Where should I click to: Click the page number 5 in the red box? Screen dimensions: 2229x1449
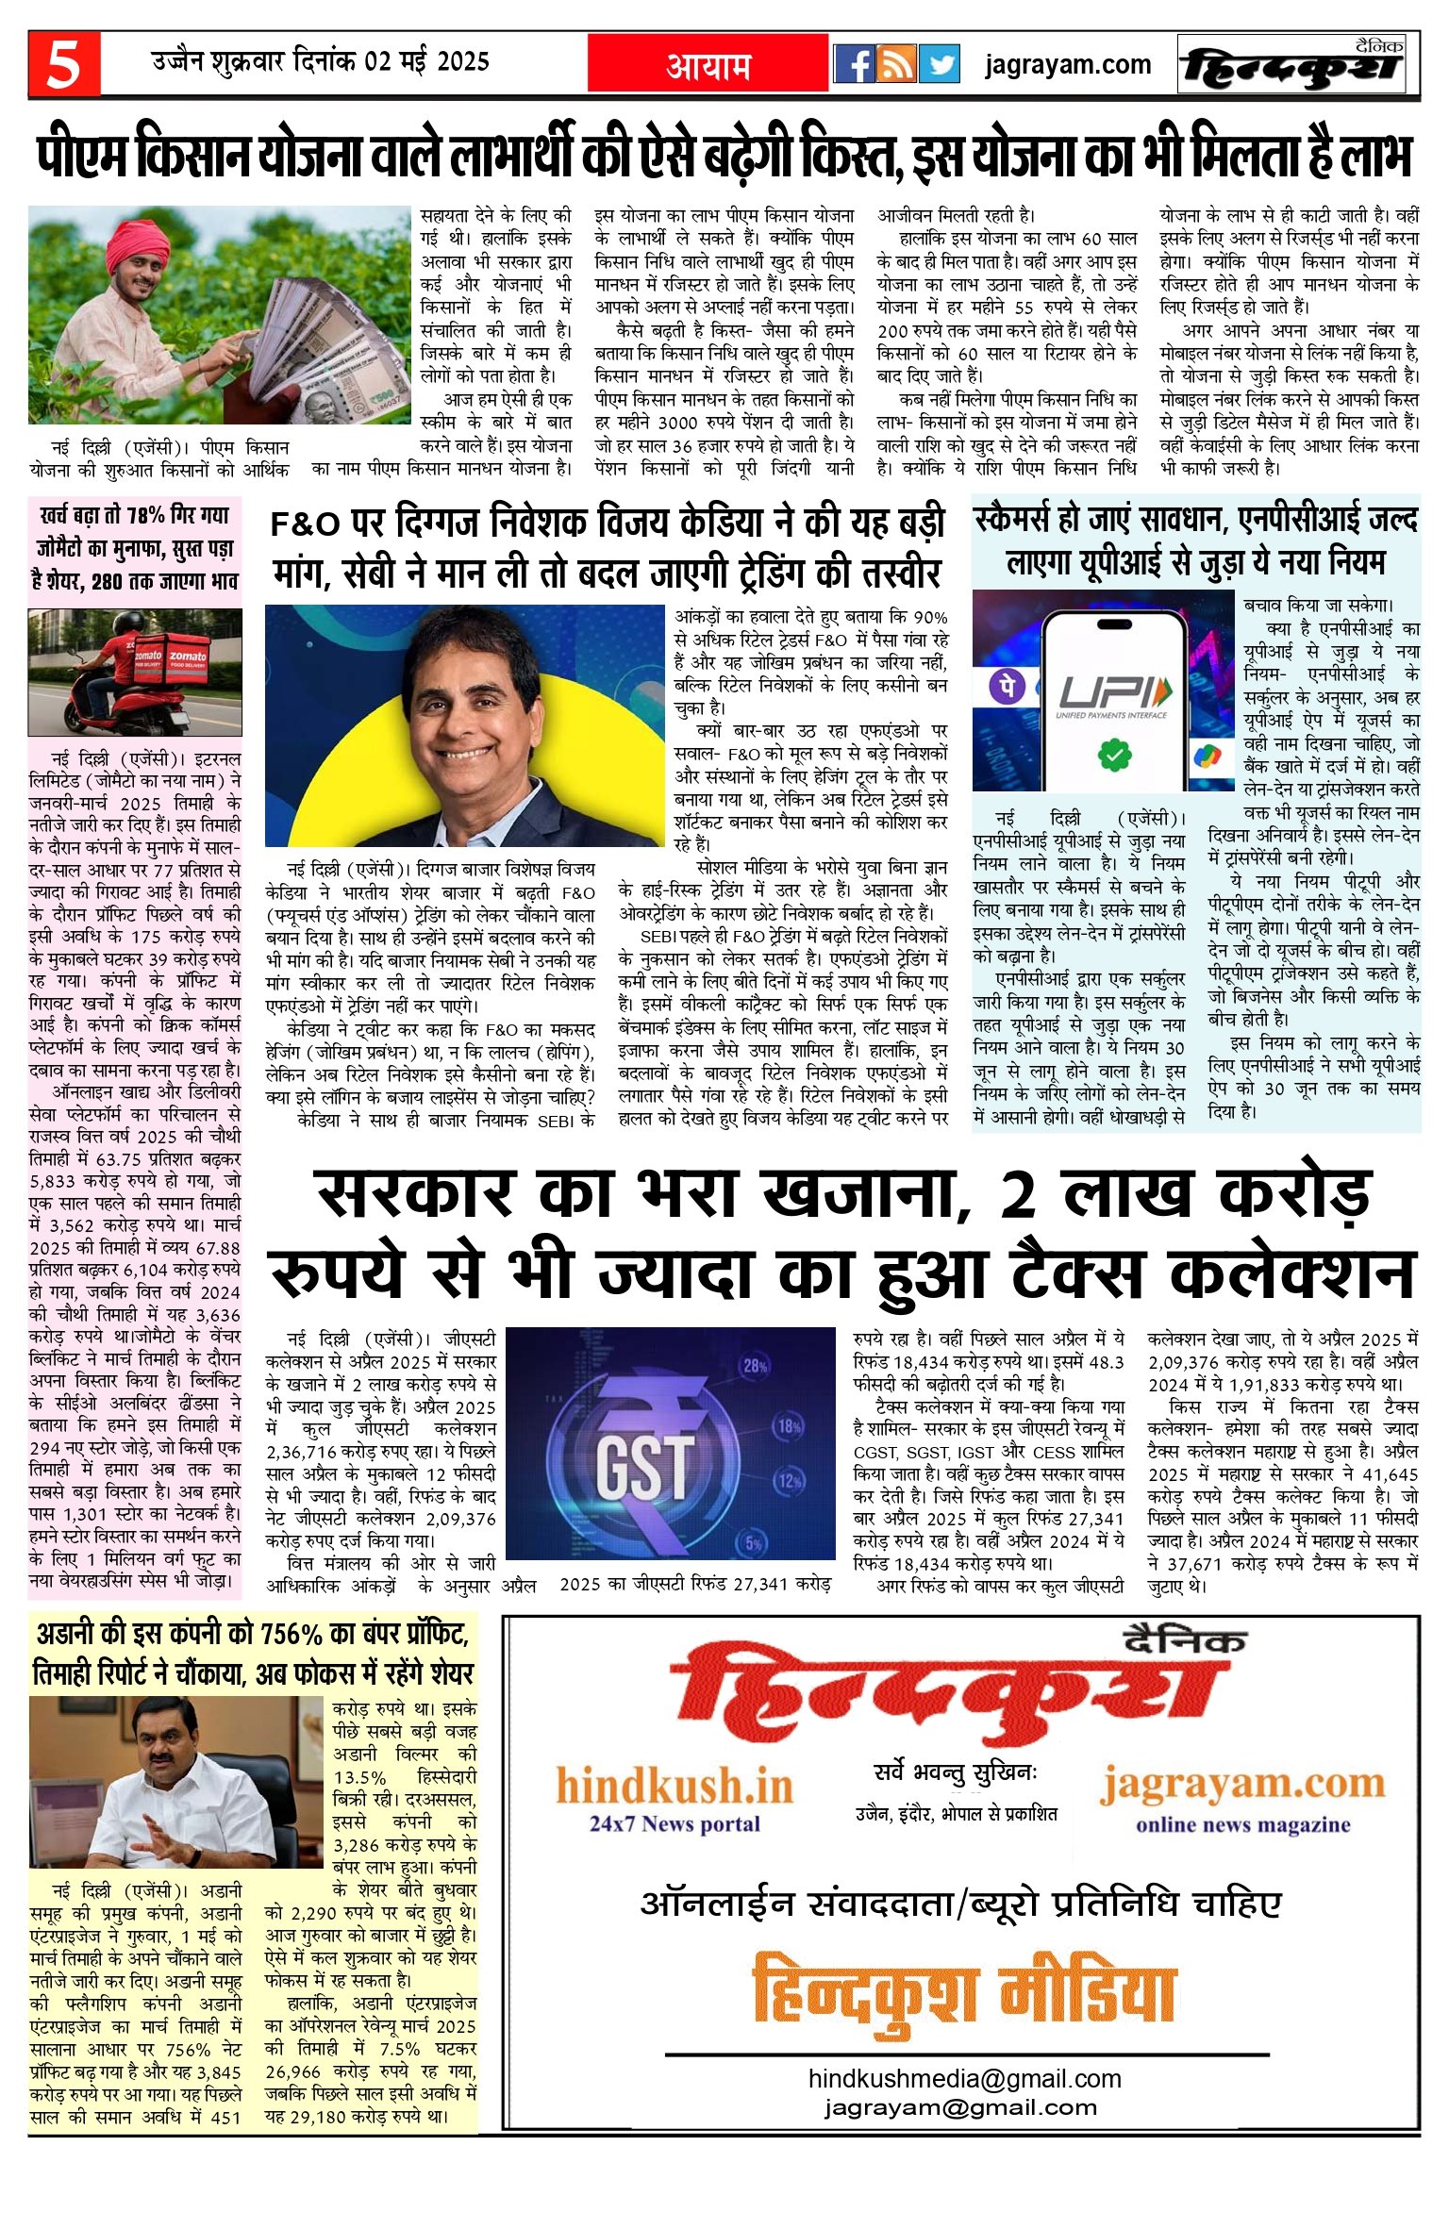click(63, 64)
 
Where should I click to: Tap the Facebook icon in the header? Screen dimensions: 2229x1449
click(854, 64)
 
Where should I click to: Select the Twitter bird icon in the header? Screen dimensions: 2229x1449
click(939, 64)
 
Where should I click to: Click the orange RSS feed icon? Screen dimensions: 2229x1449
click(896, 64)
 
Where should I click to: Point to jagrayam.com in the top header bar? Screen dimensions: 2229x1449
click(1067, 64)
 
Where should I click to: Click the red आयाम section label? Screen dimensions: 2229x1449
click(708, 64)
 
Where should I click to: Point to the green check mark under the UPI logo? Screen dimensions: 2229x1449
click(1113, 753)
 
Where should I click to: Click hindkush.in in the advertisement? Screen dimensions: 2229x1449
click(674, 1786)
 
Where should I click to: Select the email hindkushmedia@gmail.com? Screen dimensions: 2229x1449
click(964, 2078)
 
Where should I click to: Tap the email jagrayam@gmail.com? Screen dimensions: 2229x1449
click(960, 2106)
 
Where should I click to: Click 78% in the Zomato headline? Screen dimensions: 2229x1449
click(147, 516)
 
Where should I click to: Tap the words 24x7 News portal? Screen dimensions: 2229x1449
click(675, 1822)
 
